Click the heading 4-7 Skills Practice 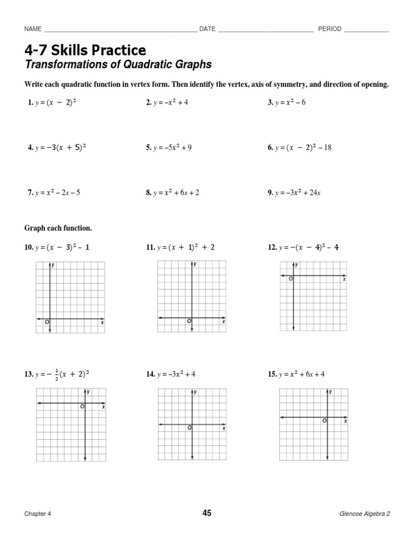coord(85,50)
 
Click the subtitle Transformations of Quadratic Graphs coord(118,65)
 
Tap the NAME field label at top coord(33,29)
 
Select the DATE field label coord(207,29)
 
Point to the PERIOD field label coord(329,29)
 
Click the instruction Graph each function coord(58,228)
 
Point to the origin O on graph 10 coord(47,322)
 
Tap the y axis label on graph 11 coord(195,264)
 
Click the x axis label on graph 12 coord(344,279)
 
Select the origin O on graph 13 coord(82,407)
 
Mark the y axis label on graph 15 coord(330,392)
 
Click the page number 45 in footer coord(207,513)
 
